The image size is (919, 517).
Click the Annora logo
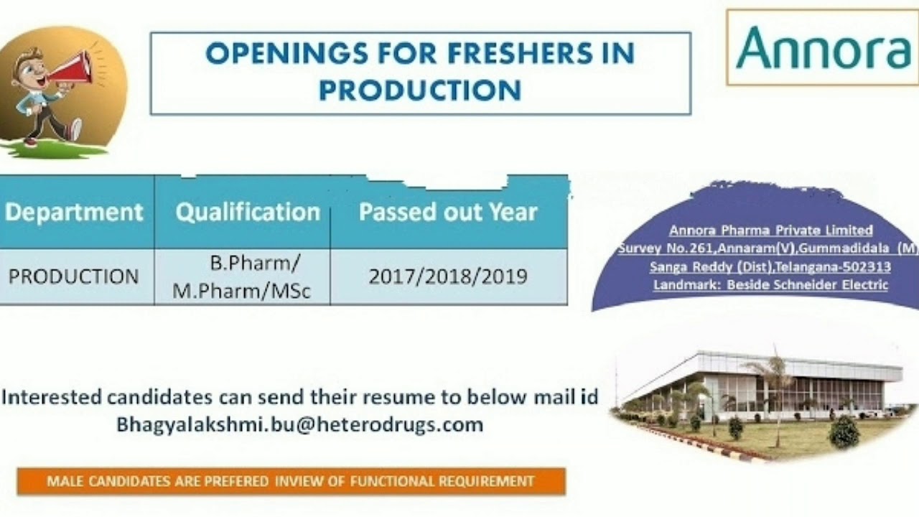tap(822, 47)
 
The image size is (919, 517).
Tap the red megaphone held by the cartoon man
tap(73, 67)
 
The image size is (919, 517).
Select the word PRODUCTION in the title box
tap(420, 90)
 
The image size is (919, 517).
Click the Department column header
tap(75, 212)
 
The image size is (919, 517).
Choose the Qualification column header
tap(248, 212)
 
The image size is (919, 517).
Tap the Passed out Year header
tap(448, 212)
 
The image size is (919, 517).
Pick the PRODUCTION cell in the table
tap(73, 276)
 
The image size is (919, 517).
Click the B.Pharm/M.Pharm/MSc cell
tap(241, 276)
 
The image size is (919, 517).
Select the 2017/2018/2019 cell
tap(448, 276)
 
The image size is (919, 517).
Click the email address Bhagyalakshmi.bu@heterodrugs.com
tap(299, 424)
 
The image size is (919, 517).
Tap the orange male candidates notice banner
tap(291, 481)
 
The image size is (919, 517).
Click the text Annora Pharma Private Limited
tap(770, 230)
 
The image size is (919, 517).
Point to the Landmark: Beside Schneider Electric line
tap(770, 285)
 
